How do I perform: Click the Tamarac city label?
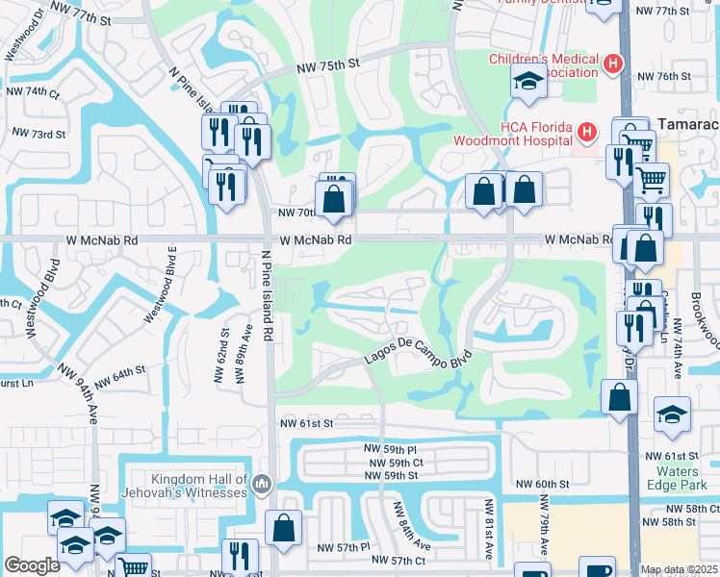coord(688,125)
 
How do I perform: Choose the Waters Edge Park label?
coord(684,478)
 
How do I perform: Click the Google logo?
coord(33,565)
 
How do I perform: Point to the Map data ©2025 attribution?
coord(679,569)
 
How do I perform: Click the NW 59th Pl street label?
coord(390,449)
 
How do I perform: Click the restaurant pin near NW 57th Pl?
coord(240,556)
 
